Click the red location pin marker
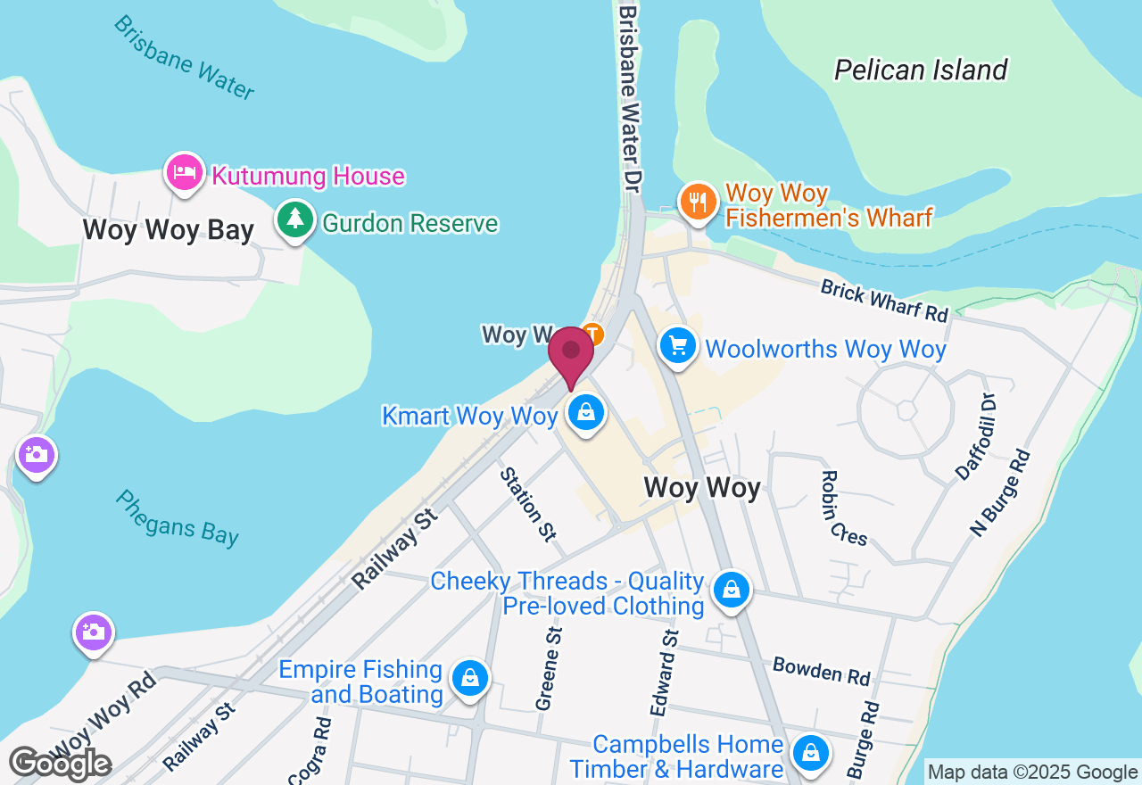point(571,355)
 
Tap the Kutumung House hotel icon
point(184,171)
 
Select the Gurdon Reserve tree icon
point(294,219)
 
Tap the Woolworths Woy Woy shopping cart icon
point(678,345)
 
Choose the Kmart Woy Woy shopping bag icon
point(586,413)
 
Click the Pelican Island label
point(921,70)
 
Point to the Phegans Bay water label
point(177,517)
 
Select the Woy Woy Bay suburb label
point(169,229)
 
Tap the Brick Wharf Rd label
point(884,300)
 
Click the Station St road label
point(527,504)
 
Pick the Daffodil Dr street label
point(974,435)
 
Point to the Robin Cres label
point(843,508)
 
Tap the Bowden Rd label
point(821,670)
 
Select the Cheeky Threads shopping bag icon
point(731,590)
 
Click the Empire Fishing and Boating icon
point(469,679)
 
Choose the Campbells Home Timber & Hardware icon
point(810,752)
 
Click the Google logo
point(60,764)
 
